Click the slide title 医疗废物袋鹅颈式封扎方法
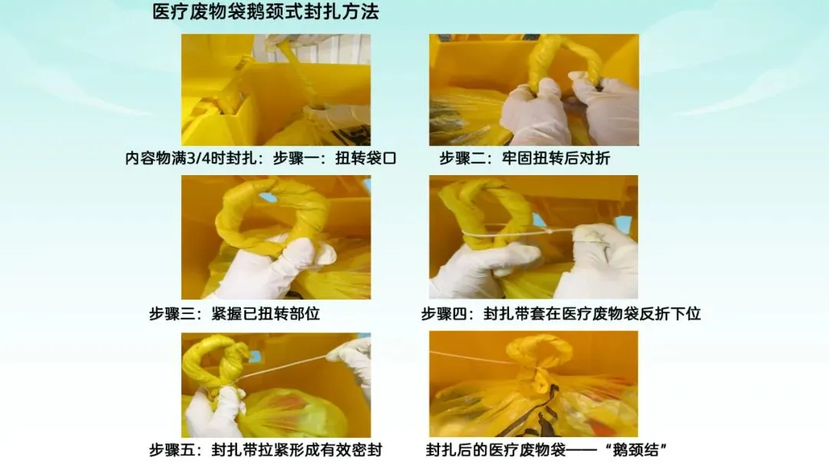point(266,12)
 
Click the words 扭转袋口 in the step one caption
point(365,158)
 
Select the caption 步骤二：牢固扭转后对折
point(524,158)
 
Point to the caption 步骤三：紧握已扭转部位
point(234,313)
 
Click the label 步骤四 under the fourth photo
point(444,313)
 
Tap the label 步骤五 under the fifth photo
point(172,450)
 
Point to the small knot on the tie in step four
point(550,231)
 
